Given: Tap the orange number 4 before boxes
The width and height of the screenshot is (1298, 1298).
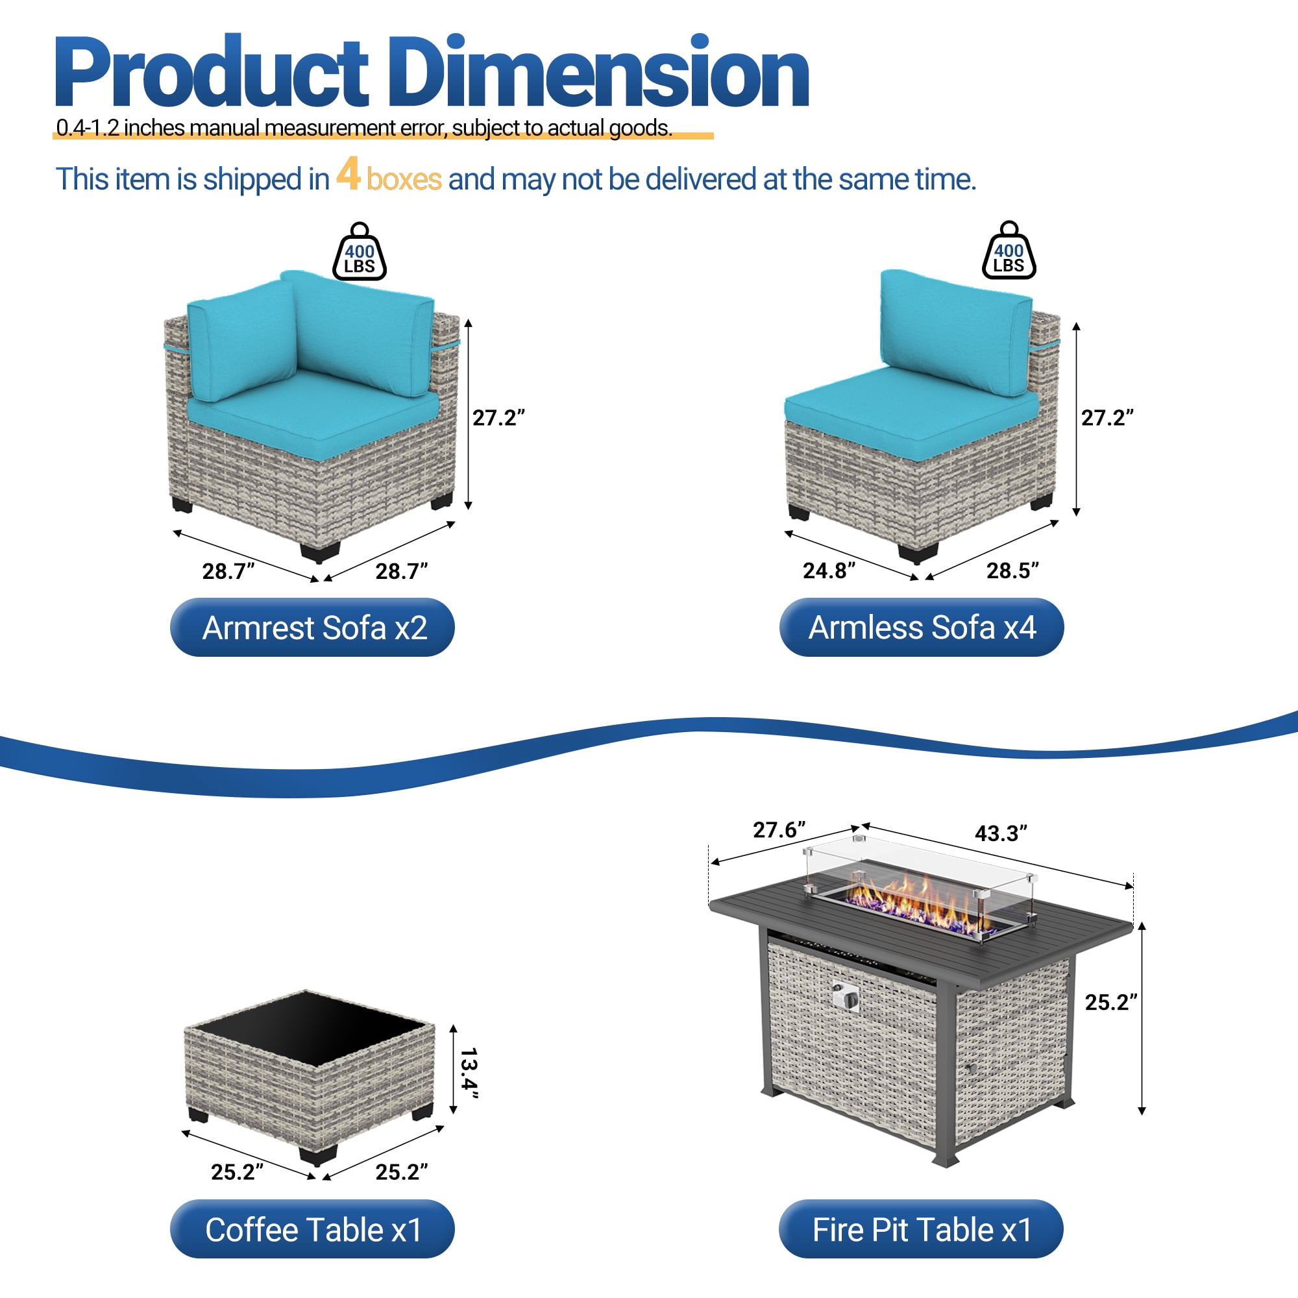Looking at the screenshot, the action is [x=348, y=174].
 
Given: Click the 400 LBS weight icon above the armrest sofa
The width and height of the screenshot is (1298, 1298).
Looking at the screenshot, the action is [x=360, y=251].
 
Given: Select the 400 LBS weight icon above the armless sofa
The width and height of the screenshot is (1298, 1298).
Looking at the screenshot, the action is [x=1009, y=250].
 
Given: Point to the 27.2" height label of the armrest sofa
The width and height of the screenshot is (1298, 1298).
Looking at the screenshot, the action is [x=498, y=418].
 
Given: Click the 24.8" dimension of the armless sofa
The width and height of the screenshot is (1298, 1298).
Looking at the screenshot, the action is [x=829, y=570].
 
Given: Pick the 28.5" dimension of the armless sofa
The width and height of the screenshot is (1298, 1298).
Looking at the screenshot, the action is [x=1012, y=570].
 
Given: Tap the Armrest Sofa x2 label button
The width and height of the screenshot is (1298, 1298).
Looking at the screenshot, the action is [x=312, y=628].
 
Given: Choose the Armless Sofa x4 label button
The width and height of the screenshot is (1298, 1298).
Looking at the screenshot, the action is [x=922, y=628].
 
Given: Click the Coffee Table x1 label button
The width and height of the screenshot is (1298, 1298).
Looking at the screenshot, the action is [x=312, y=1229].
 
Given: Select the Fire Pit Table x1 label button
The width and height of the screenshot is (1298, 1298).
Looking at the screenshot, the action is [x=921, y=1229].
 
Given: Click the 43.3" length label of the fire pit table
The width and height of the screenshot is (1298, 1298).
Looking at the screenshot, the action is [x=1001, y=833].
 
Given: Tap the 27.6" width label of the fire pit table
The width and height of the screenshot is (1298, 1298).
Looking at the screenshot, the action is [x=779, y=829].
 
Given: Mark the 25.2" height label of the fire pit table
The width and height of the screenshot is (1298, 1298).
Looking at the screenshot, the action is [x=1111, y=1003].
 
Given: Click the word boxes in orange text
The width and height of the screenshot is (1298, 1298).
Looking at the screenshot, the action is [x=404, y=179].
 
